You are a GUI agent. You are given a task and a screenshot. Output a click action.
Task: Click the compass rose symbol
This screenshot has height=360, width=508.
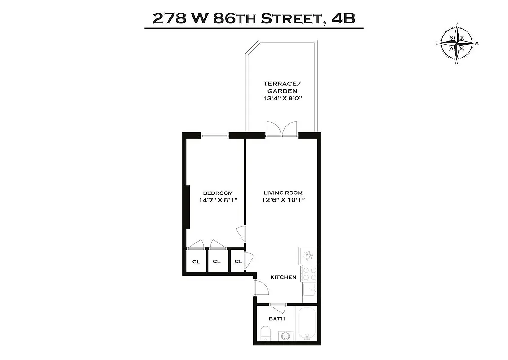point(457,43)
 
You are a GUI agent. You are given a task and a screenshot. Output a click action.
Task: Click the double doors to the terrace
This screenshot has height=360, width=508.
point(282,128)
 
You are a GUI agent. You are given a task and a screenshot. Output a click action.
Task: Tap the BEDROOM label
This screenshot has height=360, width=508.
point(217,193)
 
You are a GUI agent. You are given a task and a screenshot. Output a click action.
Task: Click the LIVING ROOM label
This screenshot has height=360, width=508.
point(283,193)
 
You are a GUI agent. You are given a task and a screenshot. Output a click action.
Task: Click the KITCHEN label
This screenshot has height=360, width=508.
point(283,277)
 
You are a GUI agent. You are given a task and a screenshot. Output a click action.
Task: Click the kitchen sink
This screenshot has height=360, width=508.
point(310,289)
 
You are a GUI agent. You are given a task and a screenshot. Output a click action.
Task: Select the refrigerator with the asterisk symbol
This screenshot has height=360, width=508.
point(308,256)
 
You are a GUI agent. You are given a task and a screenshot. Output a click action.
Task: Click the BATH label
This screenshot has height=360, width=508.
point(277,319)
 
